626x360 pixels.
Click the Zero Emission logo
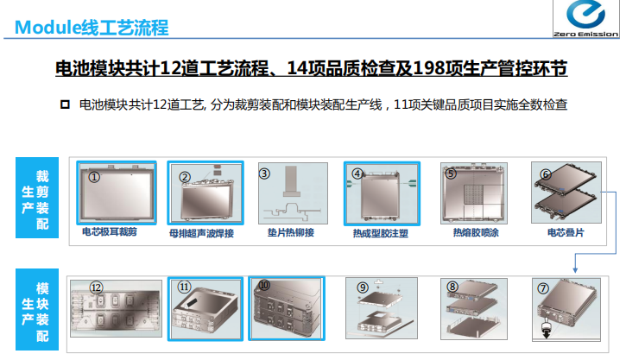[585, 19]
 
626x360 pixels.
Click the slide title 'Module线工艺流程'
[92, 28]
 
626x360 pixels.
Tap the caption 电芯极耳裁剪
[110, 232]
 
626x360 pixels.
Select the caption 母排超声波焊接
[201, 233]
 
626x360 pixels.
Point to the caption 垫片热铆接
[291, 232]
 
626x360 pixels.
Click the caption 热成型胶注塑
[381, 233]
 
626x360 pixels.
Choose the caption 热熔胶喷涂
[476, 232]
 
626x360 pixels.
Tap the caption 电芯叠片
[566, 232]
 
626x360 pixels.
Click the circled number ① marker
[94, 177]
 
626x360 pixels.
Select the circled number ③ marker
[264, 174]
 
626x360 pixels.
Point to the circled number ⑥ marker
[546, 174]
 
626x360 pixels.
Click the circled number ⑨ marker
[362, 287]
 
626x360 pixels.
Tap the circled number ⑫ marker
[96, 287]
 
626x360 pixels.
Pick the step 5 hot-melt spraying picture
[474, 193]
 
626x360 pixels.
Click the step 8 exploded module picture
[474, 309]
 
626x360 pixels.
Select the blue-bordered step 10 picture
[287, 308]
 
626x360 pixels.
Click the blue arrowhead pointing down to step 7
[575, 270]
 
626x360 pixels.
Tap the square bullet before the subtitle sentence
[65, 104]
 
